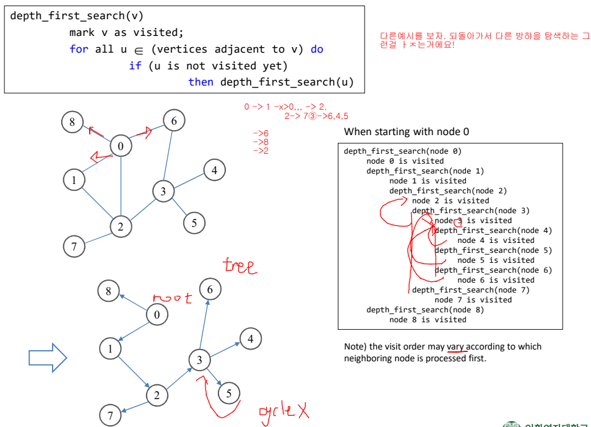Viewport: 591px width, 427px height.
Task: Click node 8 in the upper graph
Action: tap(72, 122)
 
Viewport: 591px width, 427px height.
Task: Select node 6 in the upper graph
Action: tap(174, 121)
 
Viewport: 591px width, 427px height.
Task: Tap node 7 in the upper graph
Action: tap(74, 247)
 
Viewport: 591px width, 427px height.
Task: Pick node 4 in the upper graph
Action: tap(214, 170)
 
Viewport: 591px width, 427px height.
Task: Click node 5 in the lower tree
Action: tap(229, 393)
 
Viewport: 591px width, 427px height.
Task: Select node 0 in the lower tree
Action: tap(157, 315)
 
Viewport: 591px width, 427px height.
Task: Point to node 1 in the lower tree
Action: tap(111, 349)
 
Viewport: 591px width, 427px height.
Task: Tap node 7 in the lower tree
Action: tap(111, 415)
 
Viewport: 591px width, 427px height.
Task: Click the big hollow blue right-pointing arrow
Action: tap(48, 358)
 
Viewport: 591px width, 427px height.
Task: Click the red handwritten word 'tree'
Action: tap(239, 266)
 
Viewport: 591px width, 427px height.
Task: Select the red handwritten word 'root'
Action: tap(172, 298)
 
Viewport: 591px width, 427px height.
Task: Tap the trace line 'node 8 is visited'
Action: tap(428, 320)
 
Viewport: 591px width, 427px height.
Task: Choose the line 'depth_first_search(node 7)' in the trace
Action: tap(470, 290)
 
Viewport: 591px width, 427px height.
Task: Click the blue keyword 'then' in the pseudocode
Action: tap(201, 82)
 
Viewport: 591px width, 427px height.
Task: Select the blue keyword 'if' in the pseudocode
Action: tap(135, 66)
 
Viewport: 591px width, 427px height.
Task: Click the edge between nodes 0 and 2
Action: tap(121, 186)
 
